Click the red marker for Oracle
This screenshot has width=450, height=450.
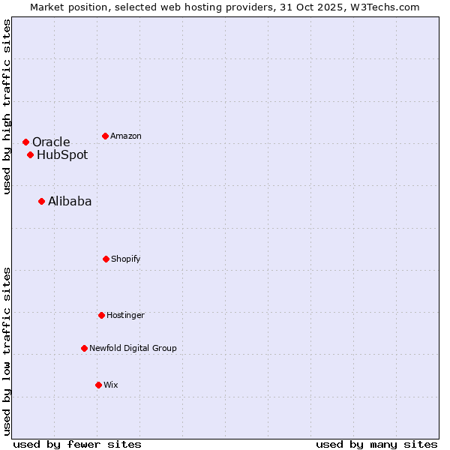[x=25, y=142]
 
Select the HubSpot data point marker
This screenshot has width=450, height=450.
[x=30, y=155]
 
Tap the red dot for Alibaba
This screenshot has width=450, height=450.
[x=41, y=201]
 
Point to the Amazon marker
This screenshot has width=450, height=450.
[x=105, y=136]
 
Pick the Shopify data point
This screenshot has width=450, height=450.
[x=106, y=259]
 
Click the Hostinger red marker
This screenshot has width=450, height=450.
[x=101, y=315]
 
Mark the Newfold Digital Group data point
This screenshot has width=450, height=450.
[x=84, y=348]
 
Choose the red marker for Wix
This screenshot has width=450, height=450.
[x=98, y=385]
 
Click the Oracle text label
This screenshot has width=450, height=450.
[x=51, y=142]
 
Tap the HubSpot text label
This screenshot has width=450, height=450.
[x=62, y=155]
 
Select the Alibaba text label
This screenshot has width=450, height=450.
[x=70, y=201]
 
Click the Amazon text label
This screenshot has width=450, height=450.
[x=126, y=136]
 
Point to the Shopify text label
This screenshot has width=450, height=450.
[x=126, y=259]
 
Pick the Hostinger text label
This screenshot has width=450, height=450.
[x=125, y=315]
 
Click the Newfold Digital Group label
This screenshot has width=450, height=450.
[x=133, y=348]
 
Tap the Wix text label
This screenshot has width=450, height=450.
[x=111, y=385]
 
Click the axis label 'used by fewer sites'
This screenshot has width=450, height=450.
[x=77, y=444]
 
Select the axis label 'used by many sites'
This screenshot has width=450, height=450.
[x=376, y=444]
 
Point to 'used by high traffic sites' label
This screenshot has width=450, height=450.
[x=7, y=106]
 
